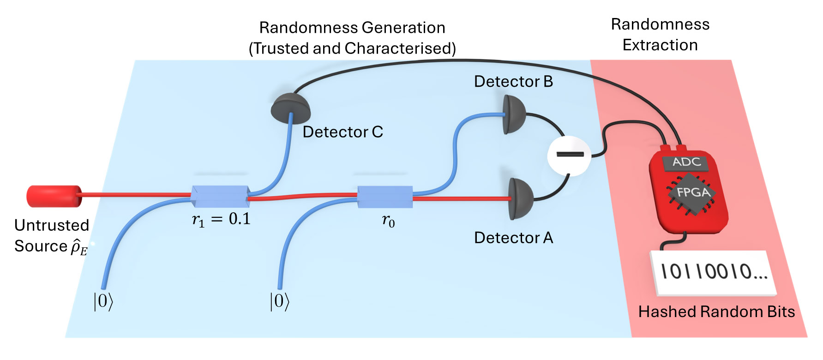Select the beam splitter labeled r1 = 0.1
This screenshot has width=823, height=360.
tap(220, 197)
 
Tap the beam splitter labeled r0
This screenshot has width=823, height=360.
tap(385, 197)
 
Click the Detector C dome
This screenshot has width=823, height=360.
tap(290, 108)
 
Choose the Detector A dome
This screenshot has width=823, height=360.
tap(520, 199)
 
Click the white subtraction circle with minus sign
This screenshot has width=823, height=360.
tap(569, 155)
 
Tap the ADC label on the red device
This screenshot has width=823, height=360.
tap(686, 162)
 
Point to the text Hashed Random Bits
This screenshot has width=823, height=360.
tap(716, 312)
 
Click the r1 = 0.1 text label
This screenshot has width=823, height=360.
tap(221, 219)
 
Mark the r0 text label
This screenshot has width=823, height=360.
tap(388, 221)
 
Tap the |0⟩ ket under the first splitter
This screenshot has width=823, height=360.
tap(103, 301)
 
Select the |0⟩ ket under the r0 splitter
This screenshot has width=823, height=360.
tap(279, 301)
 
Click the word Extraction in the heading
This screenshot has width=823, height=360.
tap(660, 45)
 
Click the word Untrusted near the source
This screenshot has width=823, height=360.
tap(52, 225)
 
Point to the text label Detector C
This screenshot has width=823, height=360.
tap(342, 132)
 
